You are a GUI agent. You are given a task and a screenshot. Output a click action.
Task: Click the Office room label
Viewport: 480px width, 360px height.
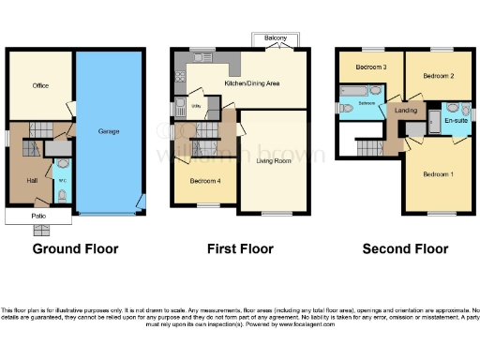pyautogui.click(x=40, y=85)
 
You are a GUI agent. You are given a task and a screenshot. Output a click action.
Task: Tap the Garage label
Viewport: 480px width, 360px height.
pyautogui.click(x=109, y=131)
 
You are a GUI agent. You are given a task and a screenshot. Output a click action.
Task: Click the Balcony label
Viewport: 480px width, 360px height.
pyautogui.click(x=275, y=38)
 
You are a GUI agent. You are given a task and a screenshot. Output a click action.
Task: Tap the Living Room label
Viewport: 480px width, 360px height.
pyautogui.click(x=274, y=161)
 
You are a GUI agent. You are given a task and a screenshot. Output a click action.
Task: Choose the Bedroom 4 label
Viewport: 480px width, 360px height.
pyautogui.click(x=204, y=180)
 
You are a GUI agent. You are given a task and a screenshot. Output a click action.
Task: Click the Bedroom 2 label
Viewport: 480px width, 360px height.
pyautogui.click(x=438, y=75)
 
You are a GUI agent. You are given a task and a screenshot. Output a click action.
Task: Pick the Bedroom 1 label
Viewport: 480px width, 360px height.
pyautogui.click(x=438, y=175)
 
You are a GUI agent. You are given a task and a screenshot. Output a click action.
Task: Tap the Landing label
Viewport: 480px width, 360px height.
pyautogui.click(x=406, y=112)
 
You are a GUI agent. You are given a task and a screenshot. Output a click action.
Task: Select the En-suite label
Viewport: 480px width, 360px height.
pyautogui.click(x=457, y=121)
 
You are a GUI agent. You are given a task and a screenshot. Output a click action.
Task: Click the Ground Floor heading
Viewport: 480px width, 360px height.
pyautogui.click(x=75, y=249)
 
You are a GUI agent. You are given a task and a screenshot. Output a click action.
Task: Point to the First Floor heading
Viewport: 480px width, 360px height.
pyautogui.click(x=240, y=249)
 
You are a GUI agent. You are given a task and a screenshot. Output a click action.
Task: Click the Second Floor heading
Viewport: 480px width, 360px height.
pyautogui.click(x=405, y=249)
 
